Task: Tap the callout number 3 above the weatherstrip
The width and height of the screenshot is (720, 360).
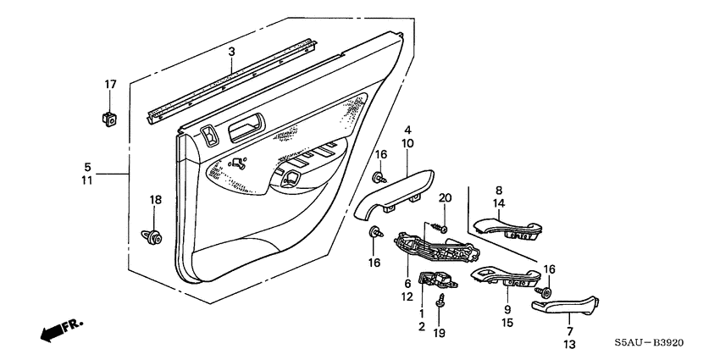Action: (x=230, y=53)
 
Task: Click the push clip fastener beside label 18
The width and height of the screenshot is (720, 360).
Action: (x=153, y=235)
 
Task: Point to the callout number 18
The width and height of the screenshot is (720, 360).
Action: (x=154, y=199)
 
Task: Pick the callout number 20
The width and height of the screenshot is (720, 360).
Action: (x=445, y=198)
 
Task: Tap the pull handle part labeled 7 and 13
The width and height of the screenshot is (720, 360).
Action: (x=566, y=304)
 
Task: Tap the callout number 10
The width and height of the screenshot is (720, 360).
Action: (x=407, y=144)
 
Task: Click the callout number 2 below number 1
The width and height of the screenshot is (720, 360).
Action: (x=420, y=327)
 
